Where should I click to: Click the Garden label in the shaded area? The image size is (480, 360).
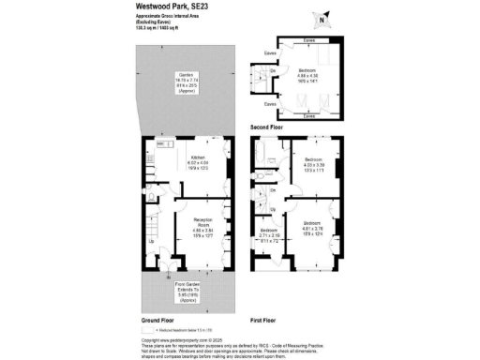pyautogui.click(x=173, y=81)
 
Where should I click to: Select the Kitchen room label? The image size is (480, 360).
pyautogui.click(x=199, y=162)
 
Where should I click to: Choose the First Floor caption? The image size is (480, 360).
pyautogui.click(x=262, y=321)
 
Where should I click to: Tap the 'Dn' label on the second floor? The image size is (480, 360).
pyautogui.click(x=274, y=71)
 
